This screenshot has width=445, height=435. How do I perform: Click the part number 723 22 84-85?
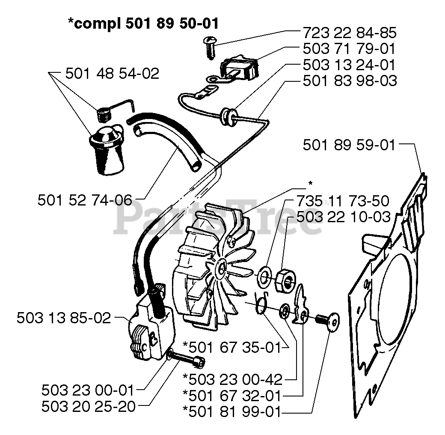pyautogui.click(x=349, y=33)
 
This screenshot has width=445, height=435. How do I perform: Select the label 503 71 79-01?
pyautogui.click(x=349, y=49)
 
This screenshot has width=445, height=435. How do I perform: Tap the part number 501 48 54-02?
pyautogui.click(x=112, y=74)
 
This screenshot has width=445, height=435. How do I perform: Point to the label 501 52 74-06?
pyautogui.click(x=85, y=200)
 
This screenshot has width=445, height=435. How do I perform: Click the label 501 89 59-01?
pyautogui.click(x=349, y=145)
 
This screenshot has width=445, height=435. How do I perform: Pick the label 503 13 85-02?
pyautogui.click(x=64, y=318)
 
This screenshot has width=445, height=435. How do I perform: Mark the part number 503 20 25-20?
pyautogui.click(x=88, y=406)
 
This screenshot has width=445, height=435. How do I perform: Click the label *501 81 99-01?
pyautogui.click(x=231, y=412)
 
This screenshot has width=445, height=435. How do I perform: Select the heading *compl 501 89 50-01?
pyautogui.click(x=144, y=23)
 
